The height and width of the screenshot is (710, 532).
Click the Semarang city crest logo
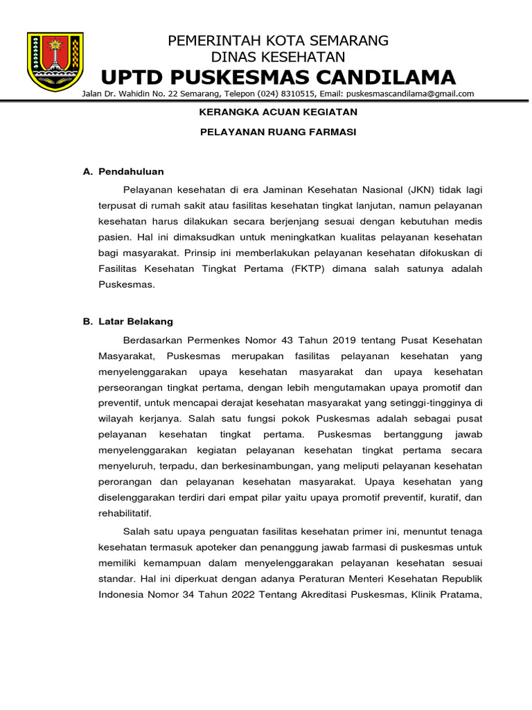55,61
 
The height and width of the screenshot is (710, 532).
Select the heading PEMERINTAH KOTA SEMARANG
278,40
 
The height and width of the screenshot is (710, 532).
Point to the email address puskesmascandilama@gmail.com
410,94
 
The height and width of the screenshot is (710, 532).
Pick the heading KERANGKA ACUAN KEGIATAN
278,112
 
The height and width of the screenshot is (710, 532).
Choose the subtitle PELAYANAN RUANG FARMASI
278,132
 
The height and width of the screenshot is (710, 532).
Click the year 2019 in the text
346,340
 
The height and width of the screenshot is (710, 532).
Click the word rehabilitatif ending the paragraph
125,513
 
